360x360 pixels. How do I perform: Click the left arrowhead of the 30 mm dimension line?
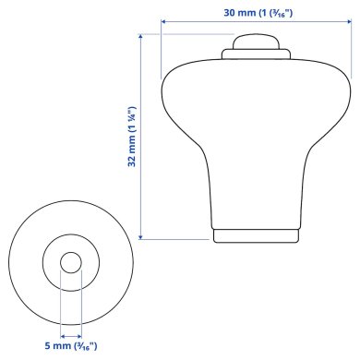[163, 23]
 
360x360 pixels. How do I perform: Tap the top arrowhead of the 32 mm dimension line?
[140, 38]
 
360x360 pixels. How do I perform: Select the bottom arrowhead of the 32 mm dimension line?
[140, 236]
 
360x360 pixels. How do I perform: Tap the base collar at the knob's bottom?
[257, 236]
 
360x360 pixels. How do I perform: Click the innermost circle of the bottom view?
[70, 262]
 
